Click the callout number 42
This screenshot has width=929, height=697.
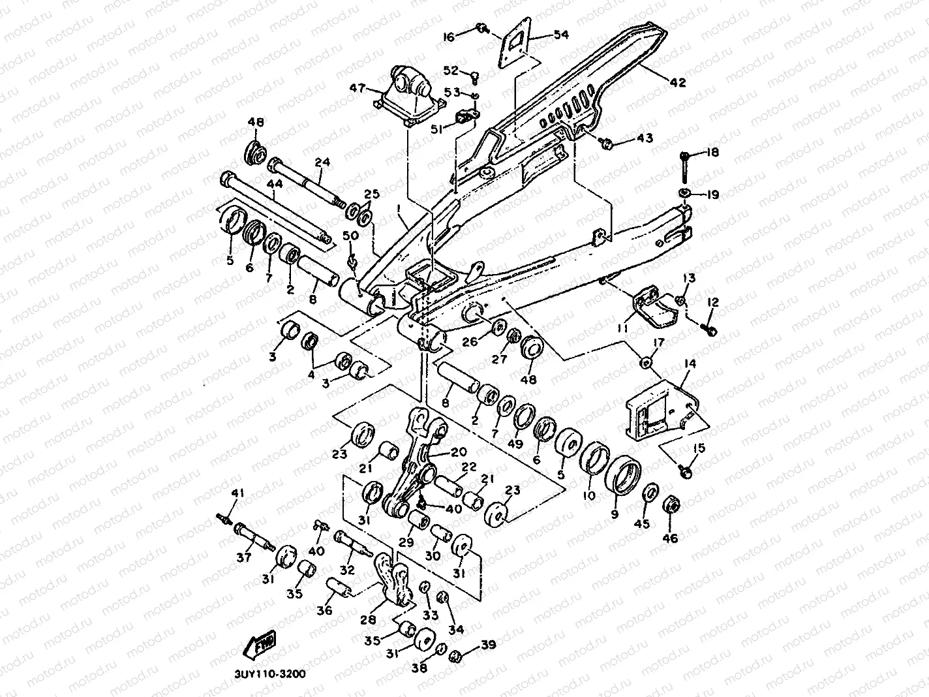pos(678,83)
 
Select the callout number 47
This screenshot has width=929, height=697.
pos(357,88)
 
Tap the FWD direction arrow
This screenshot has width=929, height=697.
pos(260,643)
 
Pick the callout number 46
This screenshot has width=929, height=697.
pos(670,538)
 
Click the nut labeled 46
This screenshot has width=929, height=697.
pos(670,506)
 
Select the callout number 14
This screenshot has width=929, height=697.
pos(690,364)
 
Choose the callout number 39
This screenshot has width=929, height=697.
pos(489,645)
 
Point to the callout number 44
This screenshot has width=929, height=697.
pos(275,185)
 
